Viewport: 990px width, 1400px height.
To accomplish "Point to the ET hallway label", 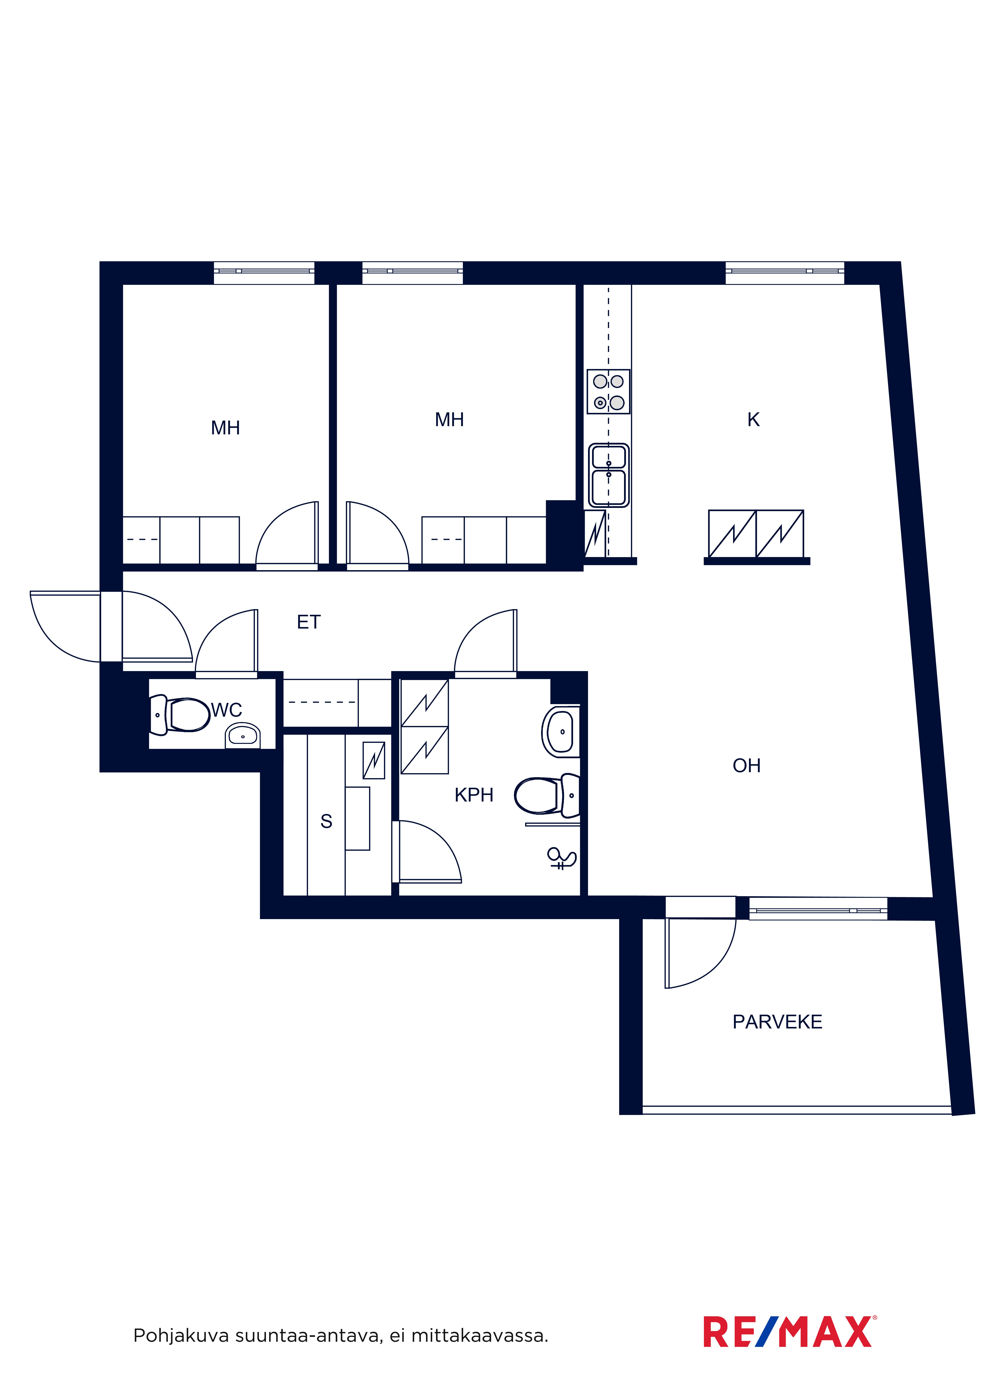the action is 309,622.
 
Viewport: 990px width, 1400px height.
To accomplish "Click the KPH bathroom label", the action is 474,795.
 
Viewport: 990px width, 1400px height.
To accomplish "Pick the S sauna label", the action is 326,821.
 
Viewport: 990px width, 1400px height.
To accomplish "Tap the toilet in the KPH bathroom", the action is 547,796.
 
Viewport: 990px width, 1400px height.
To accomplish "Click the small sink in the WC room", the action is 243,735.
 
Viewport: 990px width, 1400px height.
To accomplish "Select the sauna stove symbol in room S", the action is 374,760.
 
